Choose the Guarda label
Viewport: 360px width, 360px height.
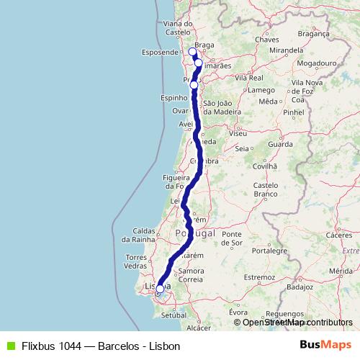point(279,144)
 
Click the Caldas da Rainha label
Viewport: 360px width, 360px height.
point(149,235)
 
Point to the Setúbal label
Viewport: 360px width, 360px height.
point(174,315)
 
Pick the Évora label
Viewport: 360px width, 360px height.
point(238,312)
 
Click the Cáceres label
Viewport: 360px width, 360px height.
point(338,235)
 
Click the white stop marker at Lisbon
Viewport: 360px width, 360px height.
point(160,289)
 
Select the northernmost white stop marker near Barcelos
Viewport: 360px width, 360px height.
point(192,51)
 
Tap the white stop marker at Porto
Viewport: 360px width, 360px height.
point(194,85)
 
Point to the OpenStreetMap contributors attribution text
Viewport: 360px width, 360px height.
point(297,323)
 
